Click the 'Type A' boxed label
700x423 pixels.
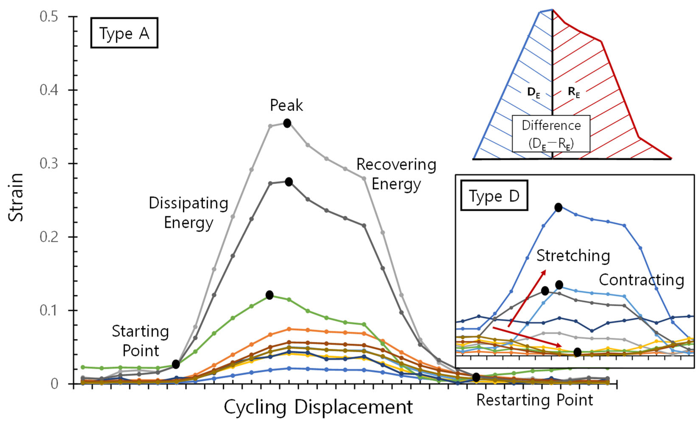pyautogui.click(x=124, y=33)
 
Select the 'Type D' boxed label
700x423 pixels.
pyautogui.click(x=494, y=195)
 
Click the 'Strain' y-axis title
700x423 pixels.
pyautogui.click(x=16, y=197)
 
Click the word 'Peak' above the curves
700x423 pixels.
pyautogui.click(x=286, y=105)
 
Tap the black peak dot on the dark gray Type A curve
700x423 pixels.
pyautogui.click(x=289, y=182)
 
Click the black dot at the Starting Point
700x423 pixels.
pyautogui.click(x=176, y=364)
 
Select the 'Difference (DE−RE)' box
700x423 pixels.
pyautogui.click(x=551, y=134)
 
